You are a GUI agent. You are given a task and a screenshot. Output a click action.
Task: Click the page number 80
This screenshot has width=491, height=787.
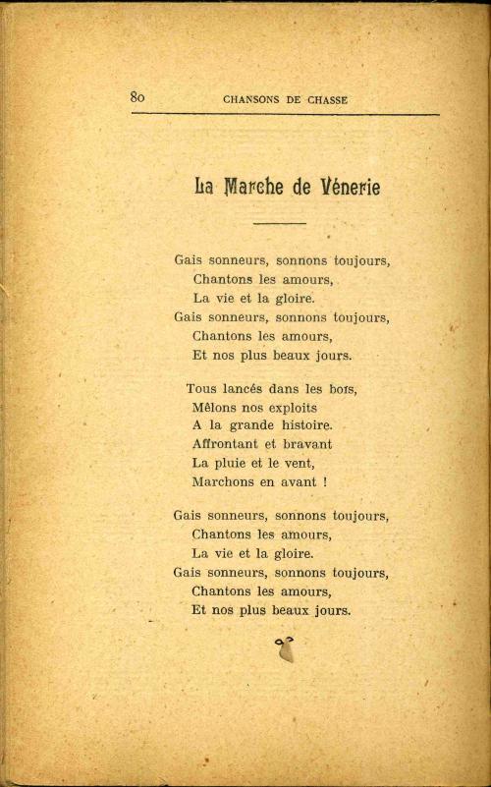coord(137,96)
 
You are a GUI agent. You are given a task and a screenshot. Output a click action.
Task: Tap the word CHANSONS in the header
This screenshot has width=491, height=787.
coord(252,98)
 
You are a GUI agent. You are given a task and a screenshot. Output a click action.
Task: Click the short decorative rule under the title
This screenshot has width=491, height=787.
coord(279,224)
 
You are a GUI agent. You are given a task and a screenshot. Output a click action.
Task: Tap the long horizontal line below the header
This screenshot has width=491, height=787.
coord(285,115)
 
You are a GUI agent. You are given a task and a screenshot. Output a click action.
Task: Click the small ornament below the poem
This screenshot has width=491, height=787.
coord(286,648)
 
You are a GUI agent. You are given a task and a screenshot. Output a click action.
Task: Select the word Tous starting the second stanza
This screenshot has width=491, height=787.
coord(199,388)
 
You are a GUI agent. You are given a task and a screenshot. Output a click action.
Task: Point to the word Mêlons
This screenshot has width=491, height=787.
coord(216,407)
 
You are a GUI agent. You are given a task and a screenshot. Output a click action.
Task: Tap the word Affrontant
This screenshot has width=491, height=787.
coord(229,444)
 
